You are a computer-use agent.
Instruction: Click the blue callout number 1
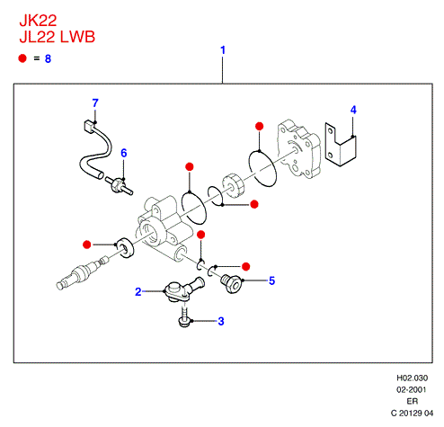(x=223, y=50)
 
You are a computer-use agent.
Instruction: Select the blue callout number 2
(x=138, y=292)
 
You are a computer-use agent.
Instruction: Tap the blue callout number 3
(x=221, y=321)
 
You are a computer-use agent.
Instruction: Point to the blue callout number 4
(x=353, y=110)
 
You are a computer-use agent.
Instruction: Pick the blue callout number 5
(x=271, y=280)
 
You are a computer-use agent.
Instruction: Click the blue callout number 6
(x=124, y=153)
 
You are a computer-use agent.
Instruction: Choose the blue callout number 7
(x=95, y=103)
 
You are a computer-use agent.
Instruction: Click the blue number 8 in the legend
(x=48, y=58)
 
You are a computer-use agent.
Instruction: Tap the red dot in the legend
(x=22, y=58)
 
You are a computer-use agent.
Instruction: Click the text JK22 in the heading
(x=38, y=21)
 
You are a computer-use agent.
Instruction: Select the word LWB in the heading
(x=77, y=37)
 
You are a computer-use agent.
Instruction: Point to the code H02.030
(x=413, y=378)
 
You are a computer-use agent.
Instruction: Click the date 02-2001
(x=412, y=390)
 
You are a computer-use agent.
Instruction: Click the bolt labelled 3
(x=184, y=317)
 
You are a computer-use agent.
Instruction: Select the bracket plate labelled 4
(x=341, y=144)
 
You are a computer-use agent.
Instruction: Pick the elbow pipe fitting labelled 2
(x=183, y=289)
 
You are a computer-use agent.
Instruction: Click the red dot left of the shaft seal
(x=87, y=245)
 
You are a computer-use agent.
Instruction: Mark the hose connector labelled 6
(x=119, y=185)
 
